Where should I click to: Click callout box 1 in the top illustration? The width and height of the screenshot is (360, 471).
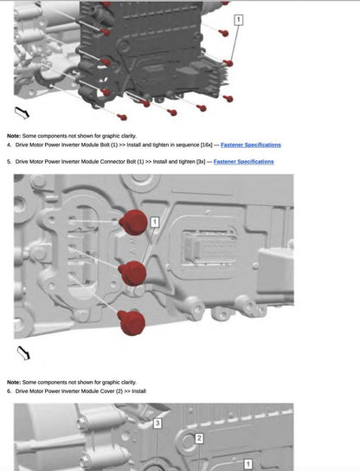pyautogui.click(x=238, y=20)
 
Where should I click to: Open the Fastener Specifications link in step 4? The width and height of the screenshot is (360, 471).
pyautogui.click(x=251, y=145)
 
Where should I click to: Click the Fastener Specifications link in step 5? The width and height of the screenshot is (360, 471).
pyautogui.click(x=243, y=162)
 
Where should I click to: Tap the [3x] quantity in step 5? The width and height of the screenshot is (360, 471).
pyautogui.click(x=201, y=162)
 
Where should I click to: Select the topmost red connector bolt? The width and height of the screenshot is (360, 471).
pyautogui.click(x=133, y=223)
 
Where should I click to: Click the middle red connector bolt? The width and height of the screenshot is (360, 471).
pyautogui.click(x=132, y=273)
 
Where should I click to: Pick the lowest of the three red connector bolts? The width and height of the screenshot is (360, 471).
pyautogui.click(x=132, y=323)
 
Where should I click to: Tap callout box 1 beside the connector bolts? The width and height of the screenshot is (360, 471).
pyautogui.click(x=155, y=223)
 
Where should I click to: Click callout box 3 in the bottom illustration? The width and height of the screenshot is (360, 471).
pyautogui.click(x=157, y=423)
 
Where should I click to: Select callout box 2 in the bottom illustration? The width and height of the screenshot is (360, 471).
pyautogui.click(x=199, y=438)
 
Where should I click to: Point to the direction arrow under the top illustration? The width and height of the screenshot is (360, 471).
pyautogui.click(x=22, y=113)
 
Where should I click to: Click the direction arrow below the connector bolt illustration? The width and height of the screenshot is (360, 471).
pyautogui.click(x=23, y=353)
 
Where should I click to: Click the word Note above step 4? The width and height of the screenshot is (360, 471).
pyautogui.click(x=14, y=136)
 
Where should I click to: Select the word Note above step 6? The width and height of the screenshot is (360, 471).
pyautogui.click(x=14, y=383)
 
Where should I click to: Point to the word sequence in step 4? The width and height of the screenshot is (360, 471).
pyautogui.click(x=188, y=145)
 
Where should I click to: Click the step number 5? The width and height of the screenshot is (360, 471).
pyautogui.click(x=9, y=162)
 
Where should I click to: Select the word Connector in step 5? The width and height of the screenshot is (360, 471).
pyautogui.click(x=112, y=162)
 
